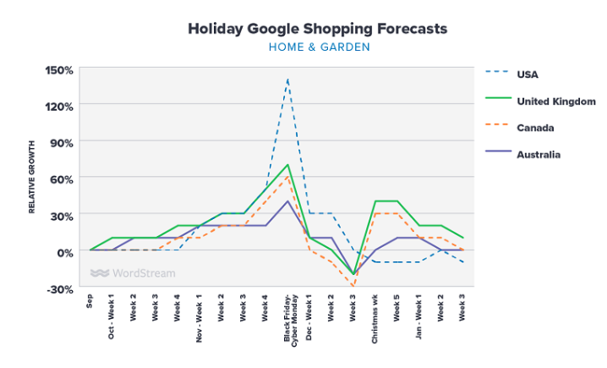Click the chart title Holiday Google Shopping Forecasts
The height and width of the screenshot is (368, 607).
tap(319, 29)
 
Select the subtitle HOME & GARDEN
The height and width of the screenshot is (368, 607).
tap(319, 47)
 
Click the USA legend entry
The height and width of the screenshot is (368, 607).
tap(528, 74)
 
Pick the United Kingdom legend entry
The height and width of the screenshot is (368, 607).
tap(556, 101)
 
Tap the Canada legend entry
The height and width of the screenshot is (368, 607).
tap(535, 128)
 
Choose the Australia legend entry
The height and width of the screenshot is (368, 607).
tap(539, 155)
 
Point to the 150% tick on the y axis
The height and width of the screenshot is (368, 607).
tap(60, 69)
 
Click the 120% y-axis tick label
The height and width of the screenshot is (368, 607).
tap(60, 106)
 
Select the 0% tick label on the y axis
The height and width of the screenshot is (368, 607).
tap(64, 252)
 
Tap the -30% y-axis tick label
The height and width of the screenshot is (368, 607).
tap(62, 288)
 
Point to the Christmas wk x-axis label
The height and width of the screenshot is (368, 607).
tap(375, 320)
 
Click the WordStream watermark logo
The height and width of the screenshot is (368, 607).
tap(133, 273)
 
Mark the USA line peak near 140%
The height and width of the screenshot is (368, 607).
tap(288, 80)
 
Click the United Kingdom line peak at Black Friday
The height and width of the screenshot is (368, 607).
tap(288, 165)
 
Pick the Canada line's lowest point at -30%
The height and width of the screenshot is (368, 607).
tap(353, 288)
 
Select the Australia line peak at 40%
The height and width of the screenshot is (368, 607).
tap(288, 201)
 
